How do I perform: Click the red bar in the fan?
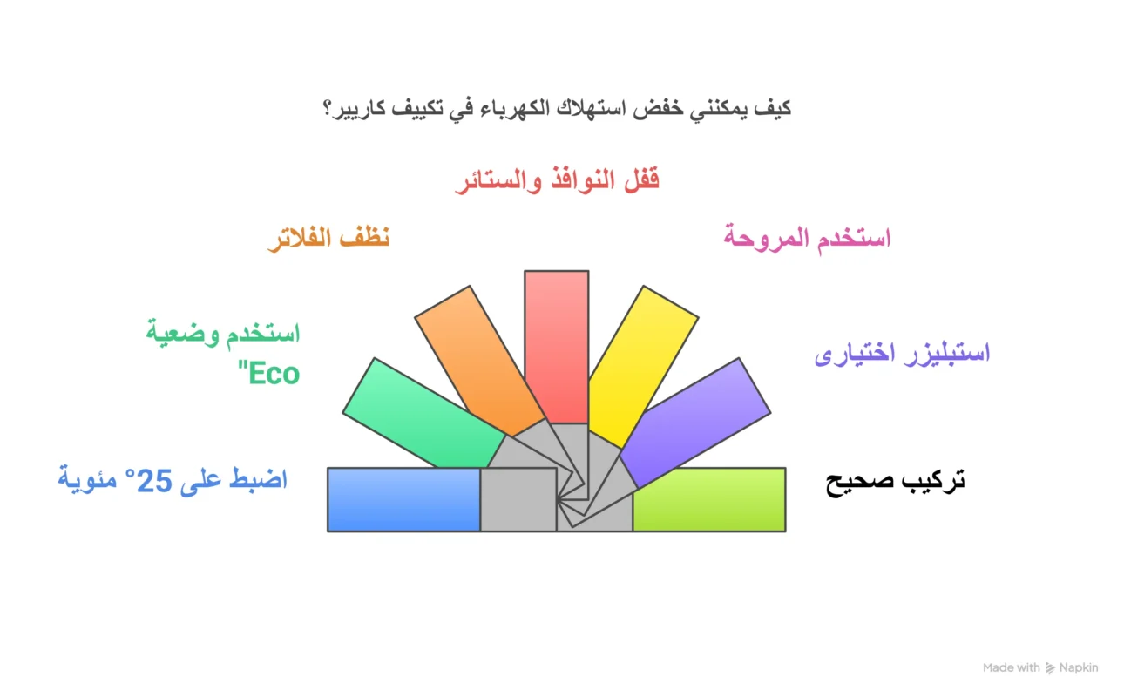click(x=556, y=344)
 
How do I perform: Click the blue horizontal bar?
click(x=403, y=499)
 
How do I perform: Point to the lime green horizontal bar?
click(x=708, y=499)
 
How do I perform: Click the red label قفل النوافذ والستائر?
click(x=557, y=181)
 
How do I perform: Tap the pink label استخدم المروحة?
click(x=807, y=238)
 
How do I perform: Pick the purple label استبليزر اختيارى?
click(x=902, y=355)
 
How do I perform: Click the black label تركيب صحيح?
click(x=895, y=482)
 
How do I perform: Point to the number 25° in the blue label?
click(x=152, y=481)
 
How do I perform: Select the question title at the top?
click(x=557, y=110)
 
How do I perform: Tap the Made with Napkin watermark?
click(x=1040, y=667)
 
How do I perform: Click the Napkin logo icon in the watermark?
click(x=1050, y=668)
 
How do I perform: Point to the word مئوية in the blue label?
click(x=87, y=481)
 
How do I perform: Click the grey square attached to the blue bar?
click(x=518, y=499)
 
